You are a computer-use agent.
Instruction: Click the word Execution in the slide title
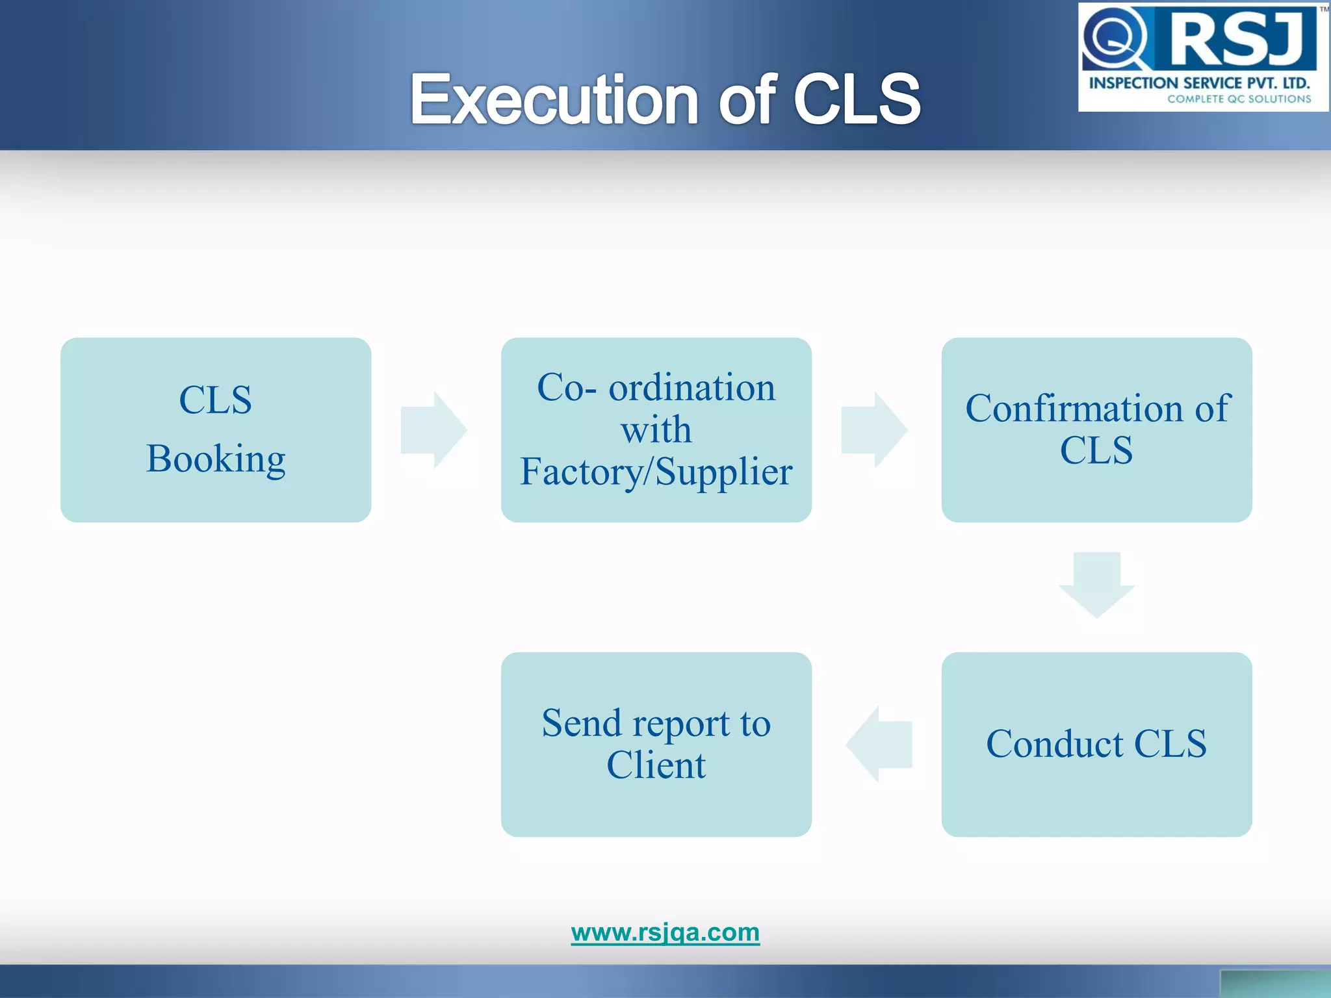[x=554, y=99]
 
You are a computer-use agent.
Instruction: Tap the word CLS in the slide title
[x=856, y=99]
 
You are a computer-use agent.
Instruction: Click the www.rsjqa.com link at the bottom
[x=665, y=932]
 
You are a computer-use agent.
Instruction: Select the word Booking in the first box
[x=216, y=459]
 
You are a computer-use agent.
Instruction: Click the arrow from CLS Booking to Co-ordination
[x=433, y=429]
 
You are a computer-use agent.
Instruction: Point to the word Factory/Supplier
[x=656, y=472]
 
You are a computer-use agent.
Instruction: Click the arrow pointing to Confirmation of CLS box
[x=874, y=429]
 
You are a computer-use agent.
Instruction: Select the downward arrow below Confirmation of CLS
[x=1096, y=584]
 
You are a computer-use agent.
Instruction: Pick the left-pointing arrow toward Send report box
[x=879, y=744]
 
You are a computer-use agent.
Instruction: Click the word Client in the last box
[x=656, y=765]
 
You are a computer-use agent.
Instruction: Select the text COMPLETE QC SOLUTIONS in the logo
[x=1239, y=99]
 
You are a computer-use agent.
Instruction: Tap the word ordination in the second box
[x=691, y=388]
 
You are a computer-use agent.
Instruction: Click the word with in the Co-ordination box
[x=656, y=429]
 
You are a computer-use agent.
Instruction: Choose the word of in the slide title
[x=747, y=99]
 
